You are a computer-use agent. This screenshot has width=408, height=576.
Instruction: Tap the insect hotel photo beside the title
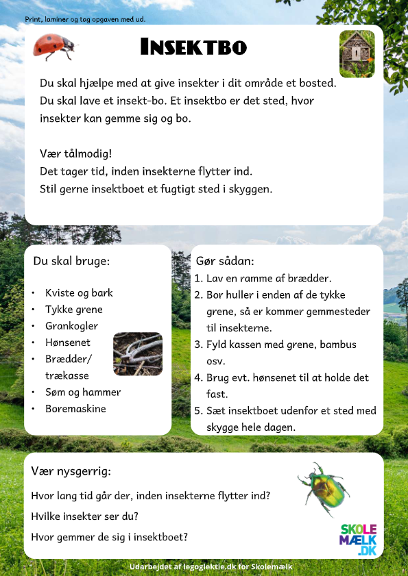tap(357, 53)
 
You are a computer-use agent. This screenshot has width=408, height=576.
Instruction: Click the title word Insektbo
tap(193, 47)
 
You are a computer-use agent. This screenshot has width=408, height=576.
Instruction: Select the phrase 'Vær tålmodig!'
tap(76, 153)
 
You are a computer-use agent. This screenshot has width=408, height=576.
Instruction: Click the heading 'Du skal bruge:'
tap(71, 261)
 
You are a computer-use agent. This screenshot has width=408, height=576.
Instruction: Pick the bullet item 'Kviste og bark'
tap(79, 292)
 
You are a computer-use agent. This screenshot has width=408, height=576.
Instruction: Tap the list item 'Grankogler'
tap(71, 326)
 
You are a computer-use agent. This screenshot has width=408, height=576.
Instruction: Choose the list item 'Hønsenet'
tap(67, 342)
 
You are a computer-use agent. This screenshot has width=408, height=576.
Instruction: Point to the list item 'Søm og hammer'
tap(83, 392)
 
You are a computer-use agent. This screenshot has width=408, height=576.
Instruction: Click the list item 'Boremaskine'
tap(75, 409)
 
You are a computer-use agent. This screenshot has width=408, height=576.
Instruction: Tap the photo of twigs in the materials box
tap(137, 354)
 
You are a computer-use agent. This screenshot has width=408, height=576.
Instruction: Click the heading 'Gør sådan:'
tap(225, 262)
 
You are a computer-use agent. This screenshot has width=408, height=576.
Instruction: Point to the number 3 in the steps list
tap(198, 345)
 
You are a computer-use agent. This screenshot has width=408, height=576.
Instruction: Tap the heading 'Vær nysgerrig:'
tap(71, 471)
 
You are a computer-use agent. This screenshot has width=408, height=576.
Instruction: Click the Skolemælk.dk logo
tap(359, 540)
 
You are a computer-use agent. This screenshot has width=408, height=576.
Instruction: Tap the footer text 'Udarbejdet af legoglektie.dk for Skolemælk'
tap(211, 567)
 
